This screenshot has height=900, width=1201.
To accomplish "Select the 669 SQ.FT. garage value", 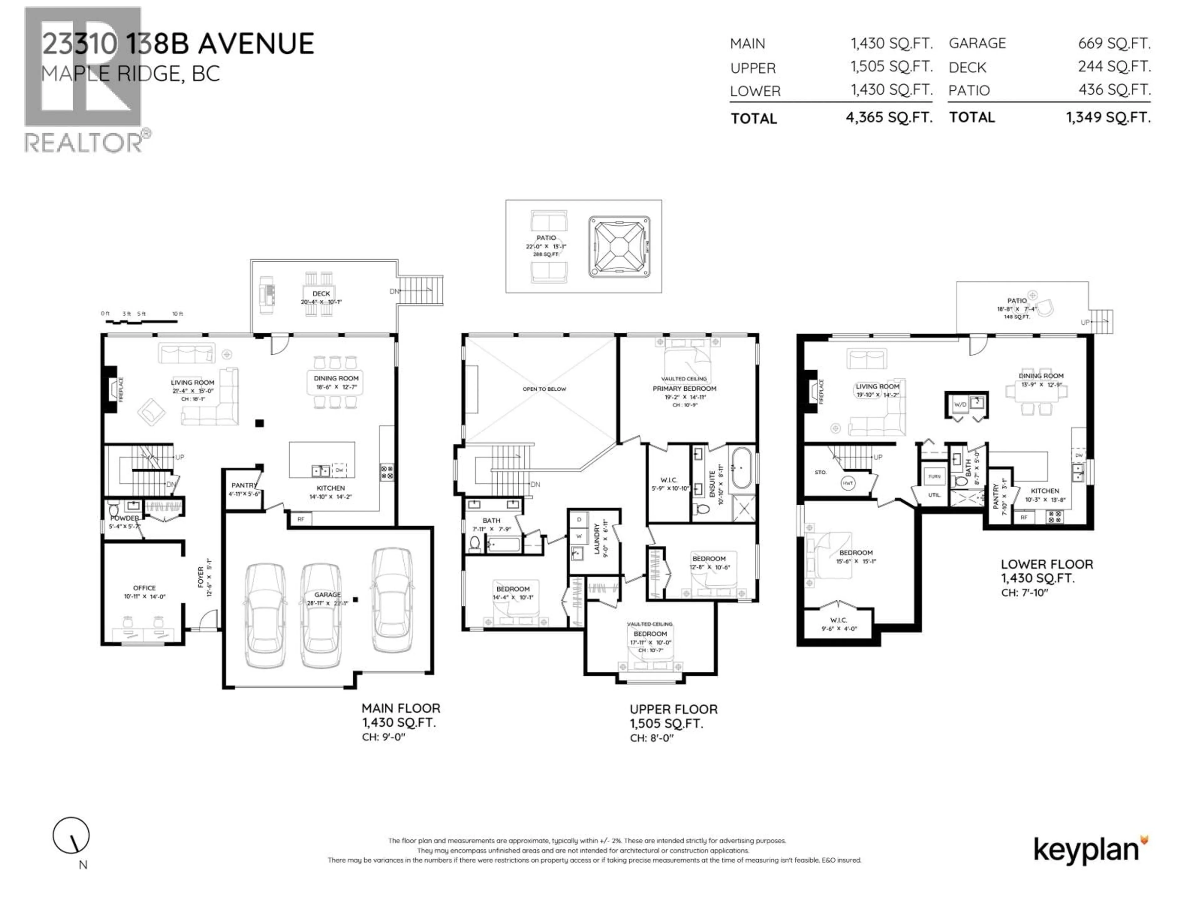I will pyautogui.click(x=1114, y=43).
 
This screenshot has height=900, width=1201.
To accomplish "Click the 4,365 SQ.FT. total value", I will pyautogui.click(x=889, y=118).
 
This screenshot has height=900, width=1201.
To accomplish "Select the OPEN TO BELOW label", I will pyautogui.click(x=544, y=389).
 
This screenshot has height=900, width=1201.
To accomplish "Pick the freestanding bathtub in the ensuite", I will pyautogui.click(x=741, y=467).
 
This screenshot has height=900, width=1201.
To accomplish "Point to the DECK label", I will pyautogui.click(x=321, y=293).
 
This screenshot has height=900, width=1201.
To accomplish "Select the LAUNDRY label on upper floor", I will pyautogui.click(x=597, y=539).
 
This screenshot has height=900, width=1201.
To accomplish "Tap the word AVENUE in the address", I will pyautogui.click(x=256, y=44).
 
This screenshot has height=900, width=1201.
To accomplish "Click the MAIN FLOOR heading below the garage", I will pyautogui.click(x=401, y=708).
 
